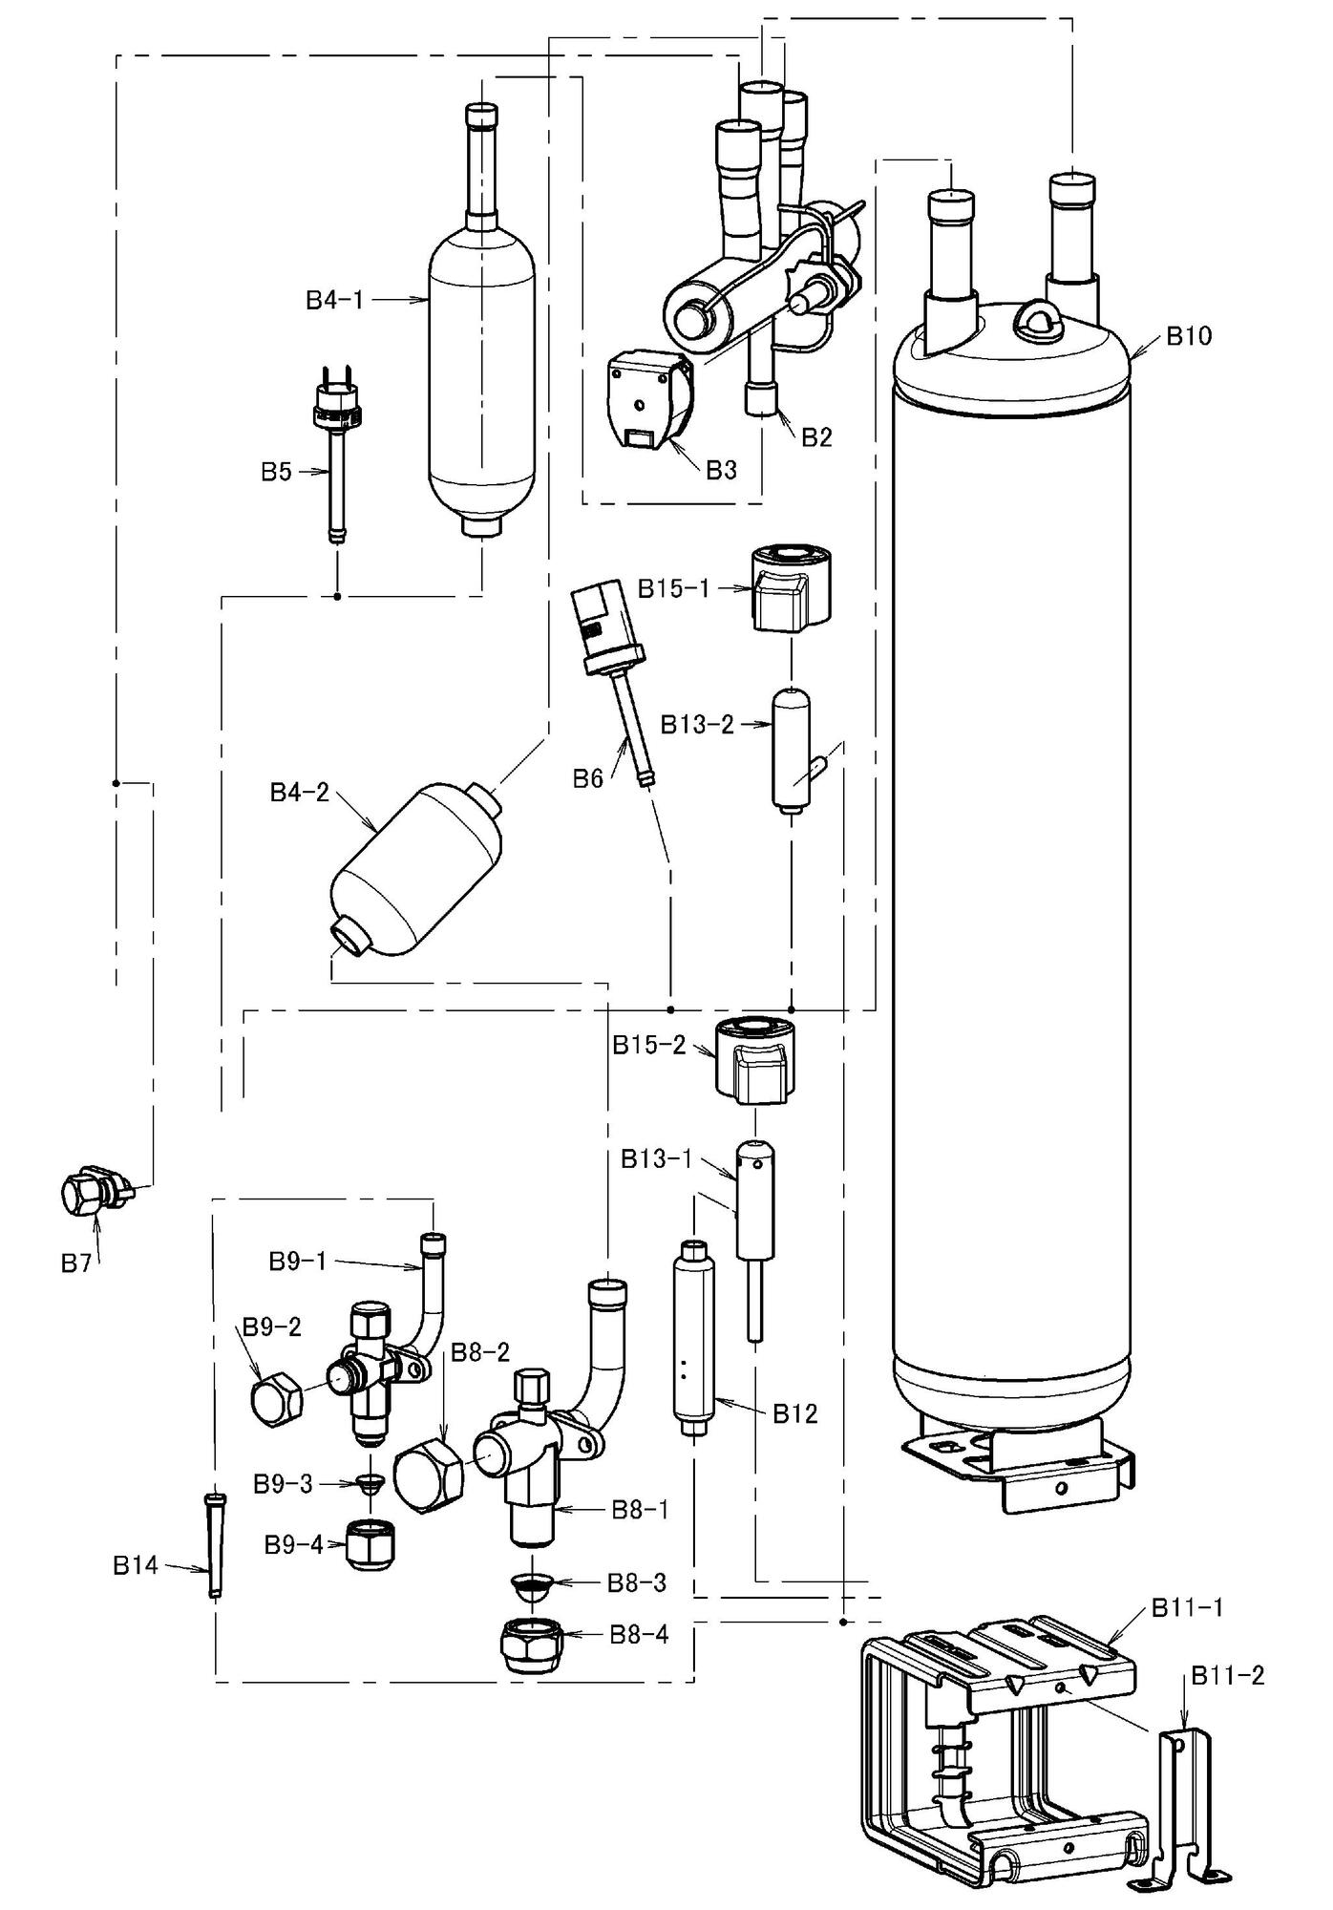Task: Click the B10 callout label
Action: point(1189,336)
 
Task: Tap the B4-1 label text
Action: point(334,300)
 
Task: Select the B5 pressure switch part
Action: point(336,449)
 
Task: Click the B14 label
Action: point(135,1565)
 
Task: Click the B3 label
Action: point(721,470)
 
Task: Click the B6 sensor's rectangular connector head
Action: point(596,611)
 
